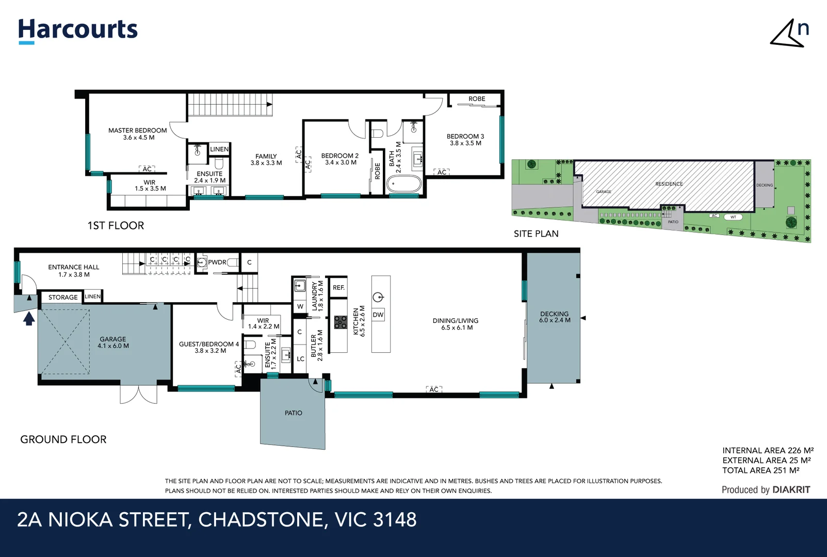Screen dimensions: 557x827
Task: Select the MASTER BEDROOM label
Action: (137, 130)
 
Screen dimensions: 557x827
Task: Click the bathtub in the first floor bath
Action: (404, 184)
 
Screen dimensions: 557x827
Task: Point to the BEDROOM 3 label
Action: (465, 137)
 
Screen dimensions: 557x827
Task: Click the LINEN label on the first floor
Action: (219, 149)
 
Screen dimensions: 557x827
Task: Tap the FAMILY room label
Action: (266, 156)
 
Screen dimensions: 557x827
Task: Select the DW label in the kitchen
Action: (378, 315)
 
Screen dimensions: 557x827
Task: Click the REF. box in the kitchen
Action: (338, 288)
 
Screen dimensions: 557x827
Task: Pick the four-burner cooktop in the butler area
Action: (340, 322)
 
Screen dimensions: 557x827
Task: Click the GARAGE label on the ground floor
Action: (112, 339)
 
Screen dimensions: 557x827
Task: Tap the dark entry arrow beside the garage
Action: (29, 319)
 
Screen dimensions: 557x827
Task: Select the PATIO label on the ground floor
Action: (294, 413)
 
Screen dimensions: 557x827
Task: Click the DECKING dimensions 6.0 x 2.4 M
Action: (555, 320)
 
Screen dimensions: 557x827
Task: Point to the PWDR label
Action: (217, 263)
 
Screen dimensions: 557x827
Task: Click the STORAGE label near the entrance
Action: (63, 298)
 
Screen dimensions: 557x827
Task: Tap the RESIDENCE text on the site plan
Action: (669, 184)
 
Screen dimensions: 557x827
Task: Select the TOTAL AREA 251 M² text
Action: (760, 470)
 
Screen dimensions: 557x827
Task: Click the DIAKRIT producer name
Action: (791, 490)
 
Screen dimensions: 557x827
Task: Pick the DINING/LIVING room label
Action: (455, 321)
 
